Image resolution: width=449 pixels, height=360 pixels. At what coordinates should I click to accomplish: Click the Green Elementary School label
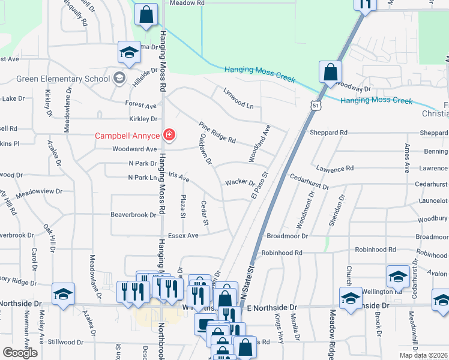pyautogui.click(x=63, y=79)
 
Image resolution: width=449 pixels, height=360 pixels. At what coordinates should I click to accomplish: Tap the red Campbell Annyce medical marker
pyautogui.click(x=169, y=135)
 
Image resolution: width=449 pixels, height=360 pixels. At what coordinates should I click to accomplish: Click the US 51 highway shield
pyautogui.click(x=316, y=106)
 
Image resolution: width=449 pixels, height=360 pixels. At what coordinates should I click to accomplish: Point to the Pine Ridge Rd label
pyautogui.click(x=217, y=131)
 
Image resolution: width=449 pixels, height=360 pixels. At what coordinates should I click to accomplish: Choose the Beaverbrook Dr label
pyautogui.click(x=133, y=214)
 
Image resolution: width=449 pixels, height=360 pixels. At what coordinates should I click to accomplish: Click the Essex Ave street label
pyautogui.click(x=183, y=236)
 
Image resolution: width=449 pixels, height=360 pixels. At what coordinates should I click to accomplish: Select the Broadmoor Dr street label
pyautogui.click(x=287, y=236)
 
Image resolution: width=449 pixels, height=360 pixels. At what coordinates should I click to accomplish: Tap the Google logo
pyautogui.click(x=20, y=353)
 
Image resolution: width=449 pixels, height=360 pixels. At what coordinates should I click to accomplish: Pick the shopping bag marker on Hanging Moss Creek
pyautogui.click(x=330, y=73)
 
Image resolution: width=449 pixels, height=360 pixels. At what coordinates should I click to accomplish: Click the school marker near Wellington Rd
pyautogui.click(x=398, y=276)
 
